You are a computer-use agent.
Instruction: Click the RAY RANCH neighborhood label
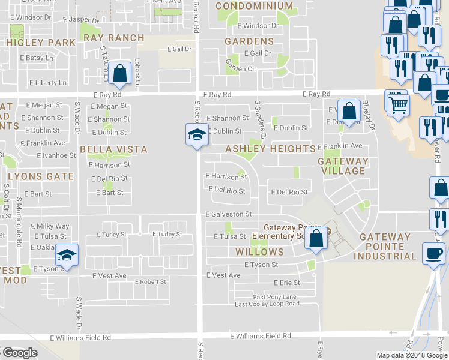click(113, 38)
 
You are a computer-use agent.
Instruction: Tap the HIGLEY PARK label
click(41, 43)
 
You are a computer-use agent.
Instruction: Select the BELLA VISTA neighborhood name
click(113, 148)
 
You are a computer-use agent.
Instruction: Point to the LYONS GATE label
click(40, 176)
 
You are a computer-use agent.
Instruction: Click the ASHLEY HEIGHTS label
click(270, 149)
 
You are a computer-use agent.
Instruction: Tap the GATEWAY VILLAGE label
click(342, 166)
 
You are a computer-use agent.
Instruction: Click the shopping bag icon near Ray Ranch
click(120, 73)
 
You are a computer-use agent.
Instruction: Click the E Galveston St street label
click(228, 214)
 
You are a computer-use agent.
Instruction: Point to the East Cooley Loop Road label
click(267, 304)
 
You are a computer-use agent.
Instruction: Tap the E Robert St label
click(151, 281)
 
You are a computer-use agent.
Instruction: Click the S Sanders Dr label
click(260, 119)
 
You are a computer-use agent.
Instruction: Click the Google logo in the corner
click(20, 353)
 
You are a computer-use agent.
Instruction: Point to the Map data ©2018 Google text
click(411, 355)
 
